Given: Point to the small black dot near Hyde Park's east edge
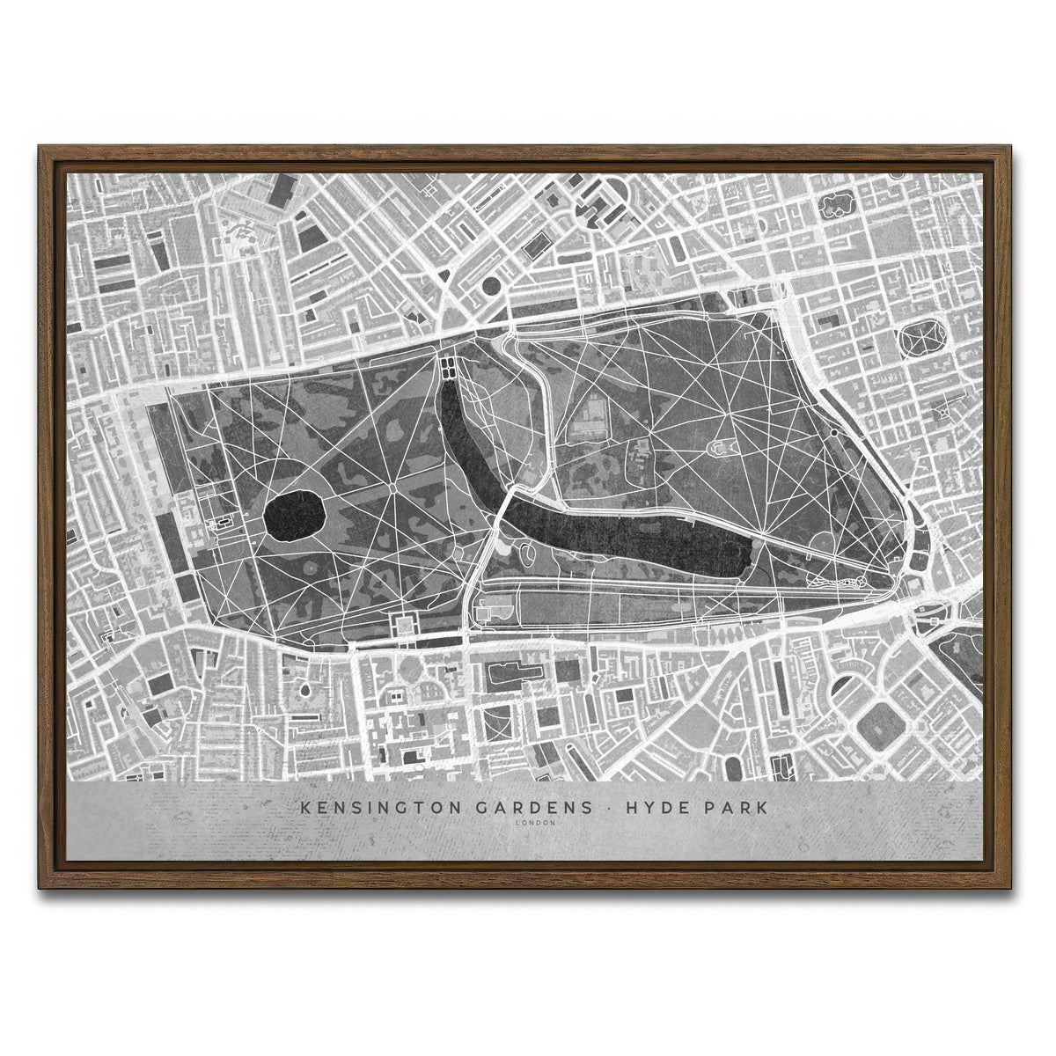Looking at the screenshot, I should click(832, 432).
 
